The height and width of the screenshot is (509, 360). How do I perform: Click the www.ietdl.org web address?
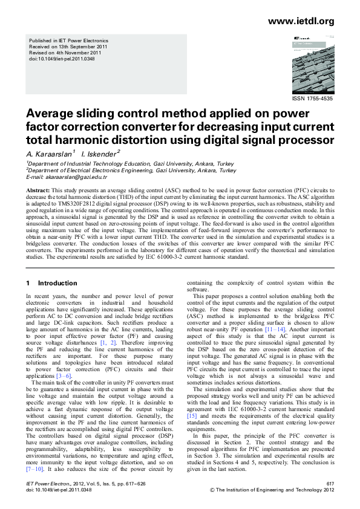[x=300, y=22]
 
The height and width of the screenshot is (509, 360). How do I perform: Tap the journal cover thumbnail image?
[x=312, y=65]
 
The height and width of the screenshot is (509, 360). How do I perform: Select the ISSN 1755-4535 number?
[x=312, y=98]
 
